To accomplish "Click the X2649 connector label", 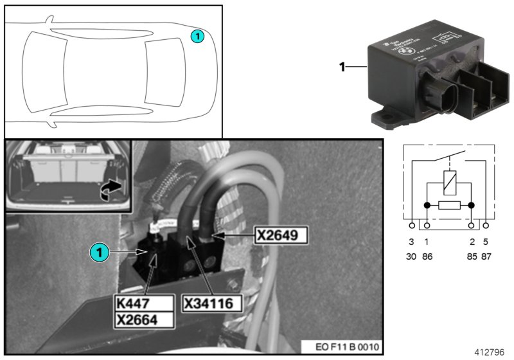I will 281,235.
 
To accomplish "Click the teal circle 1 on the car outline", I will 198,37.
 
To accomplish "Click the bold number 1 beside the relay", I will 343,66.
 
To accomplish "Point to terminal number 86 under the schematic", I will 427,256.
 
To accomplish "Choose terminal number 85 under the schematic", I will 472,256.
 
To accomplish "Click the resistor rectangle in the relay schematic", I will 449,206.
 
